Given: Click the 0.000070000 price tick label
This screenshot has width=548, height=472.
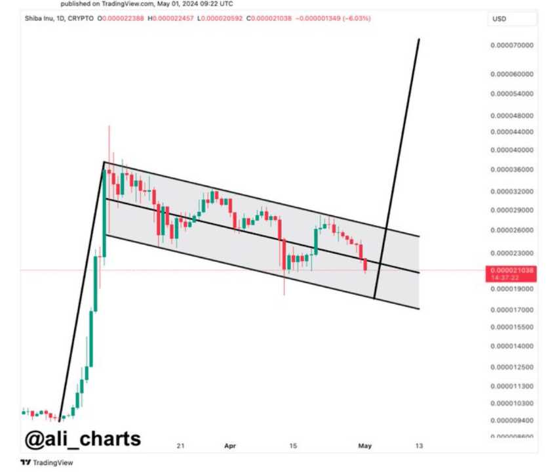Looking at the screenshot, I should point(512,45).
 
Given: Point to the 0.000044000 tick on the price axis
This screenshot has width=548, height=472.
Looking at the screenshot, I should point(512,132).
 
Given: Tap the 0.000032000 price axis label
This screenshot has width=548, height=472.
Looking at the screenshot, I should point(512,192).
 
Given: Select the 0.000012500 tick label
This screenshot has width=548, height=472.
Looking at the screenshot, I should point(512,367).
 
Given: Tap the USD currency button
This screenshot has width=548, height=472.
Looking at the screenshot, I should point(499,19).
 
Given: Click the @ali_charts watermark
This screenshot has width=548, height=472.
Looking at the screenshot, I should point(83,438).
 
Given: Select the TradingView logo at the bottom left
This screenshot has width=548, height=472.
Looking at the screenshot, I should point(47,462).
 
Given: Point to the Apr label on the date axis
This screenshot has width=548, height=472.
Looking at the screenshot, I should point(230,446).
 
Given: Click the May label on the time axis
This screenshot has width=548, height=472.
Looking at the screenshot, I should point(365,446).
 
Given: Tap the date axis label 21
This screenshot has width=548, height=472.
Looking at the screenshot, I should point(180,446).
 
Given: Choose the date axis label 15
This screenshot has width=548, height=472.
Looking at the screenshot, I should point(294,446).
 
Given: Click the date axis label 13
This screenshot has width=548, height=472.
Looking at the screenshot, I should point(419,446).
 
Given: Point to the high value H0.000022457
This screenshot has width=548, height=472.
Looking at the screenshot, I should point(171,18).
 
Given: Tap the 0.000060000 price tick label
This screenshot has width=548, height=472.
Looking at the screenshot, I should point(512,74).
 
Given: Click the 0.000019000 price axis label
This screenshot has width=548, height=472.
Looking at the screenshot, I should point(512,288).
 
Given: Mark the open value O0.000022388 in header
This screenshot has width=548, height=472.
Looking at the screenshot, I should point(121,18).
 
